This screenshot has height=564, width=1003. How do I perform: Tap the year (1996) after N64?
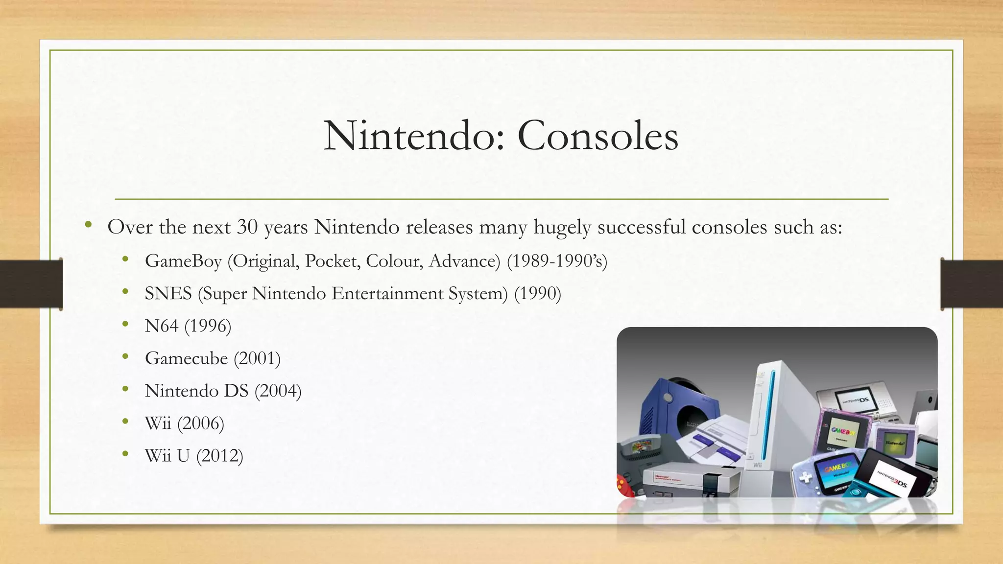208,326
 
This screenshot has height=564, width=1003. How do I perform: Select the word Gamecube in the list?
186,358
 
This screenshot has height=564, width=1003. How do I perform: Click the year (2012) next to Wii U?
219,456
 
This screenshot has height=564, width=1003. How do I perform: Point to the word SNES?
168,294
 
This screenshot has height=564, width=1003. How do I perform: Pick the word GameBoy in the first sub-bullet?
183,261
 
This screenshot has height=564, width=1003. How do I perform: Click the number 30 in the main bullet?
247,227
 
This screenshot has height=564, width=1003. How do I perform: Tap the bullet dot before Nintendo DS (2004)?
126,390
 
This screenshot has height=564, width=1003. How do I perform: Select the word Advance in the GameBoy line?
464,261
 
